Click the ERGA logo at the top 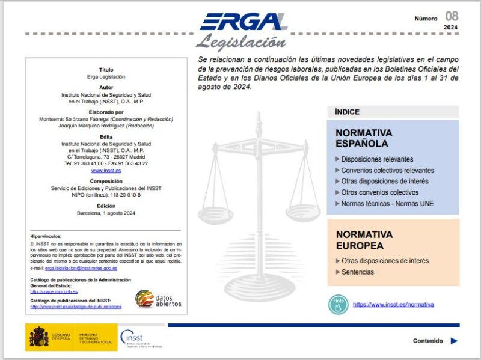(244, 22)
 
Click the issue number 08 (452, 16)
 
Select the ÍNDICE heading (348, 112)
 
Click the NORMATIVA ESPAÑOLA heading (364, 138)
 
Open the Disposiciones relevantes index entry (377, 159)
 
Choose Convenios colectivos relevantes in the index (387, 170)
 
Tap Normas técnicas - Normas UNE (387, 203)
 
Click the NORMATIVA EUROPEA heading (364, 240)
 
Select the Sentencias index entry (357, 272)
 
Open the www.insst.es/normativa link (393, 304)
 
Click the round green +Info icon (339, 304)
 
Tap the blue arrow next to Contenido (454, 341)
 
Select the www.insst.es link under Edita (106, 171)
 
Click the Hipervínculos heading (46, 237)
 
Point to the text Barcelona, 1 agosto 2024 (106, 213)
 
